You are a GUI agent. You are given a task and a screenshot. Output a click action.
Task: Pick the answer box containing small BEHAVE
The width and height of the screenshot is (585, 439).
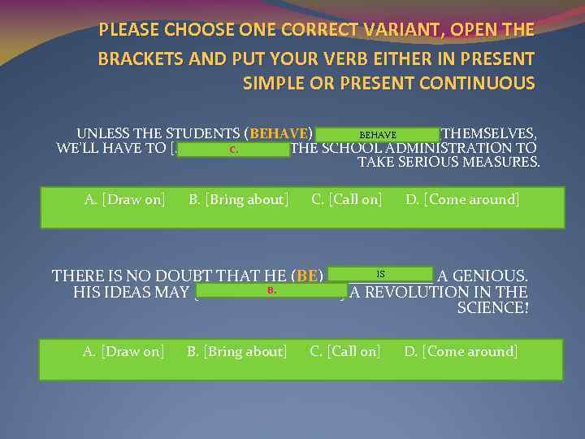[377, 134]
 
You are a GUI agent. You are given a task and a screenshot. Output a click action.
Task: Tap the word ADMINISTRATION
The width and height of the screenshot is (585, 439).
[431, 148]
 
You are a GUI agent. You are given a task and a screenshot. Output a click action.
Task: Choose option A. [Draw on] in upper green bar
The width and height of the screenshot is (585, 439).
[125, 199]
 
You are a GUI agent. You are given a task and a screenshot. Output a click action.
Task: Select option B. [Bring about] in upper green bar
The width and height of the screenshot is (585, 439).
[238, 199]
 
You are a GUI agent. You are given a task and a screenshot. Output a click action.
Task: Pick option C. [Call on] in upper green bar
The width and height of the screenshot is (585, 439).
[347, 199]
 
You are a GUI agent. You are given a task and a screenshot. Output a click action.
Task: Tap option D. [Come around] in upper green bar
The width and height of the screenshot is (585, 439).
[462, 199]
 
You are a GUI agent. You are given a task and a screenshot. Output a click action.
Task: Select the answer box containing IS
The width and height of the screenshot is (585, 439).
[380, 275]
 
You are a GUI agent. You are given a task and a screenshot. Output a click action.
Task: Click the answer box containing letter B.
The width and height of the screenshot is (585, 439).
[271, 290]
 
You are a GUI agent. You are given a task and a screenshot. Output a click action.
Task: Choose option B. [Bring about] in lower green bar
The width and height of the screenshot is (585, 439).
[236, 351]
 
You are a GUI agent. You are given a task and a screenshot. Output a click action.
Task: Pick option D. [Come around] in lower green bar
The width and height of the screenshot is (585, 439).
[461, 351]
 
